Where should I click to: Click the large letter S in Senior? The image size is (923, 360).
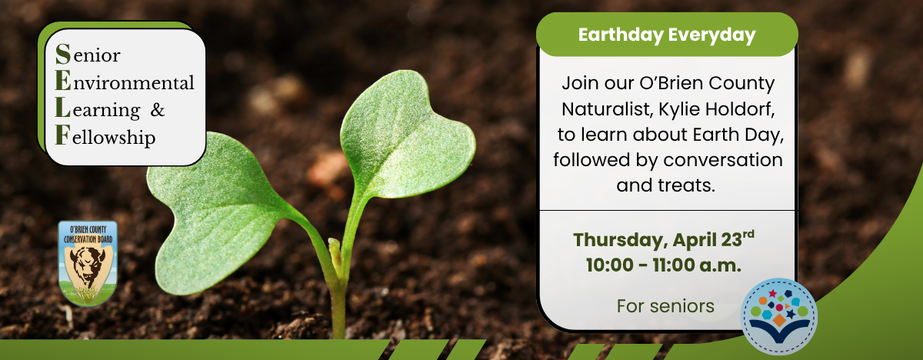[x=63, y=54]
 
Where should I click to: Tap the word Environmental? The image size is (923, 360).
[x=125, y=82]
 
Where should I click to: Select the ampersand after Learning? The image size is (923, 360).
[x=158, y=109]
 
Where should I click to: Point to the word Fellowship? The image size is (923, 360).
[x=105, y=136]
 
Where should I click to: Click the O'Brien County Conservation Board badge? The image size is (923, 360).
[x=88, y=263]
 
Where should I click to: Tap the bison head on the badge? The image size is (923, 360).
[x=88, y=265]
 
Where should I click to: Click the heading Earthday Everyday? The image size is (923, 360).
[x=667, y=35]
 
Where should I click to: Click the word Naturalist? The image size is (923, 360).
[x=608, y=109]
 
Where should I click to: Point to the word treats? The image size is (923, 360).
[x=686, y=185]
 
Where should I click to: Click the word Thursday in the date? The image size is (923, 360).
[x=620, y=241]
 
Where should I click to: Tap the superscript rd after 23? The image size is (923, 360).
[x=748, y=235]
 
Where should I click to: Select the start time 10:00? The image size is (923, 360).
[x=610, y=265]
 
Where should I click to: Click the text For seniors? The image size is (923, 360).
[x=665, y=306]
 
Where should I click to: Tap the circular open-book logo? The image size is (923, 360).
[x=778, y=316]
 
